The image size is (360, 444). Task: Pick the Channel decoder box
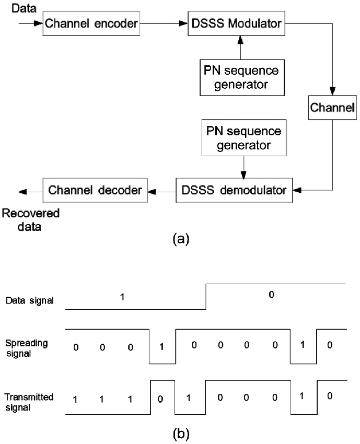click(95, 190)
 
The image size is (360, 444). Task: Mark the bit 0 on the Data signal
click(271, 295)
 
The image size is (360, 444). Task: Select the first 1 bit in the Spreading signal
click(162, 347)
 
